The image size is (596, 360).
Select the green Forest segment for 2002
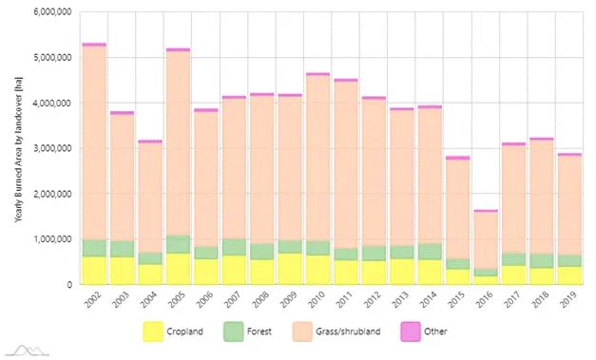[93, 248]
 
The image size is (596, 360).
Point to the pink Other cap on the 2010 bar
[318, 73]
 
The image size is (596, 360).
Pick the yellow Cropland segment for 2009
[290, 269]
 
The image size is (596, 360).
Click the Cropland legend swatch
[153, 332]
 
